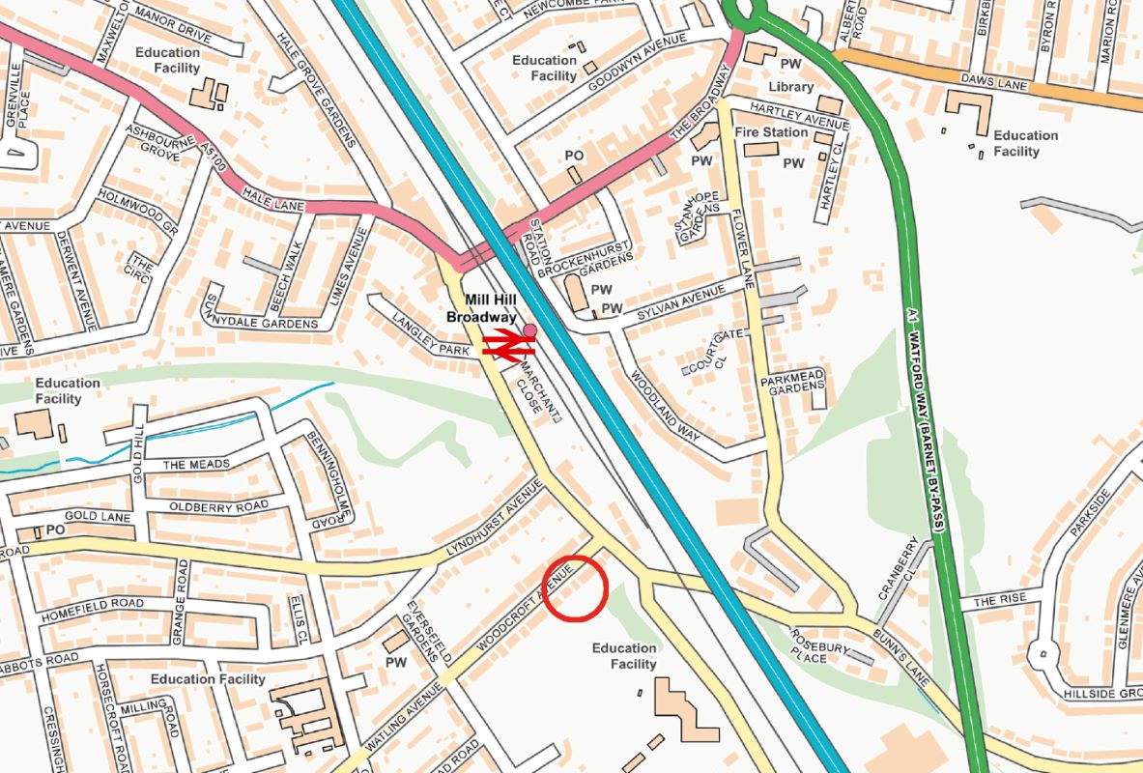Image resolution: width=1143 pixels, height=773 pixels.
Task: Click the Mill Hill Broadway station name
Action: click(481, 308)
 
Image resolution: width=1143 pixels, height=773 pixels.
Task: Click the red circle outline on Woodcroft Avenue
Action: click(575, 587)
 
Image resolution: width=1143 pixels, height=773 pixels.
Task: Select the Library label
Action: click(790, 87)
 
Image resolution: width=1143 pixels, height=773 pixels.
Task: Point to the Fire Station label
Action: click(771, 131)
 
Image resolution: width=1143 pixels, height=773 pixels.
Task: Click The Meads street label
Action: click(196, 465)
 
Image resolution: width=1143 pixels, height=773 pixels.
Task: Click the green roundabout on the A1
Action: click(744, 12)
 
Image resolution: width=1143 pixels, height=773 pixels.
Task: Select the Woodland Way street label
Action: click(665, 407)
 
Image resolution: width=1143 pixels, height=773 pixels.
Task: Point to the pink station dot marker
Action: click(529, 330)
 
